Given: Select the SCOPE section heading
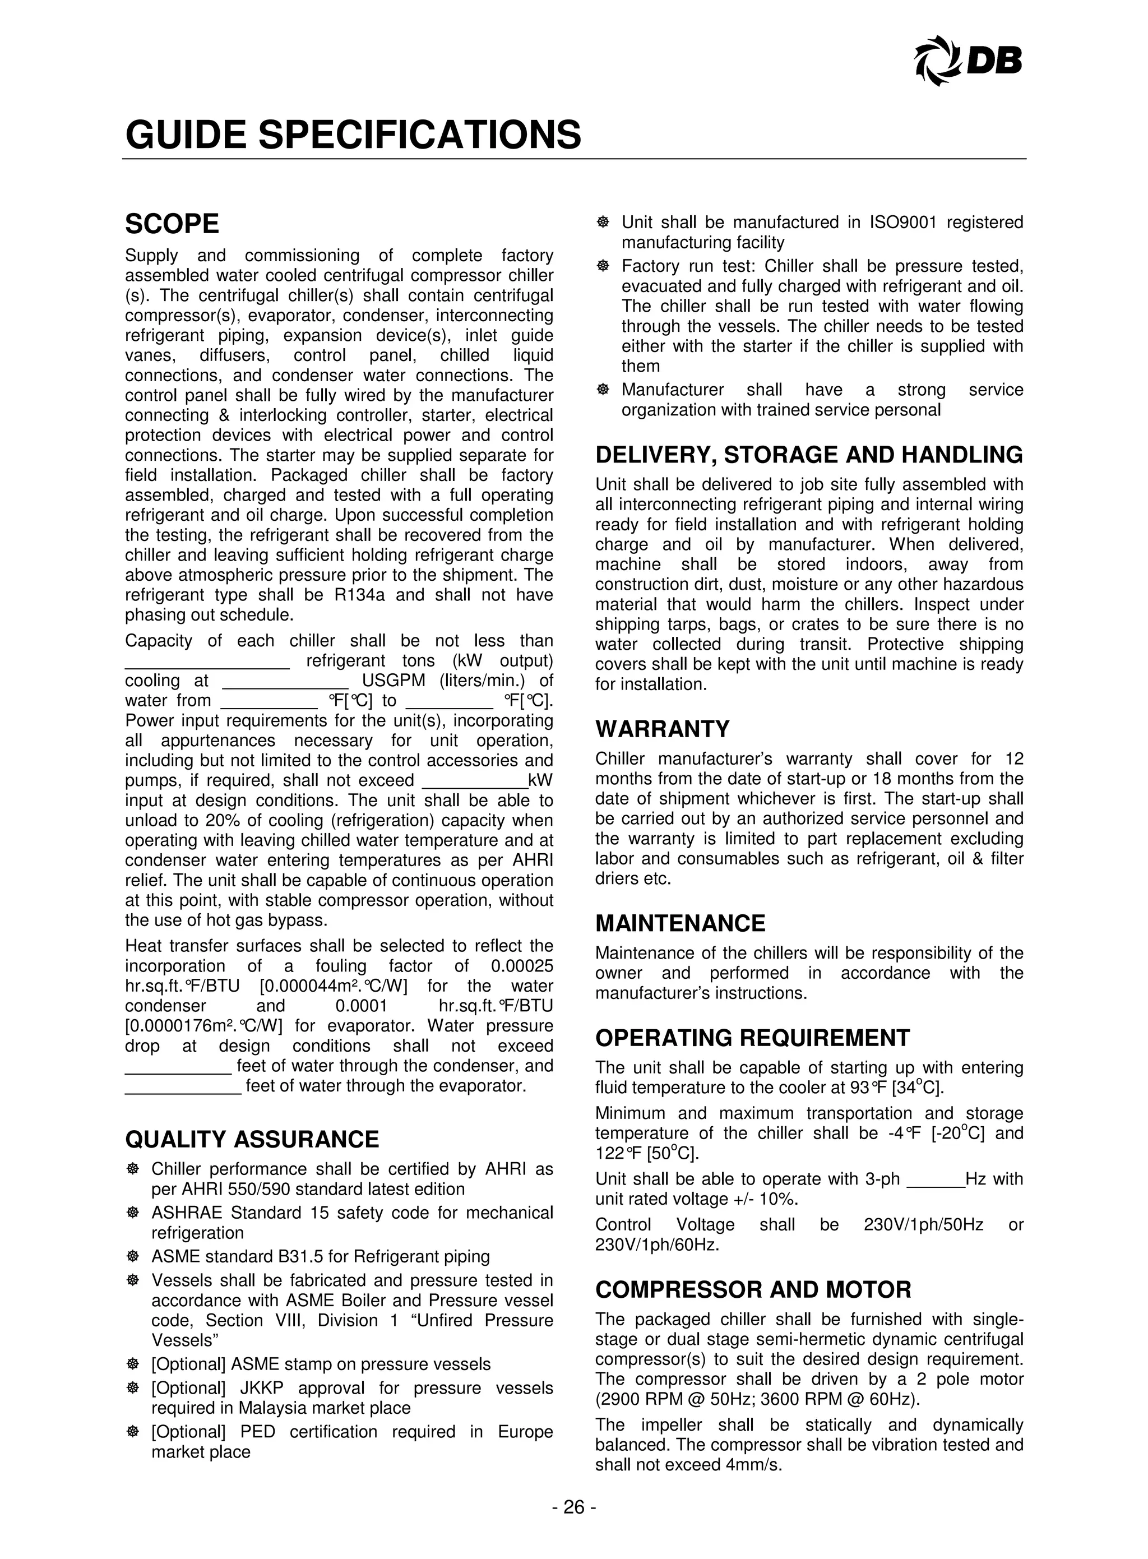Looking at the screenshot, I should click(x=172, y=224).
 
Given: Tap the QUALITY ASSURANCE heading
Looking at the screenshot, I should click(x=252, y=1139).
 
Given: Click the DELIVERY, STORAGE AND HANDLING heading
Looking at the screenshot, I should click(x=809, y=455).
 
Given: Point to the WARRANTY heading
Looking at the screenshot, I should click(x=662, y=729).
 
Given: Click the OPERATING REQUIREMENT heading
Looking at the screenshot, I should click(x=752, y=1038).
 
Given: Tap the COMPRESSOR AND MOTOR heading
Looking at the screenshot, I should click(x=753, y=1289).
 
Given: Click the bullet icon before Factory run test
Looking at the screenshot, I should click(x=603, y=266).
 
